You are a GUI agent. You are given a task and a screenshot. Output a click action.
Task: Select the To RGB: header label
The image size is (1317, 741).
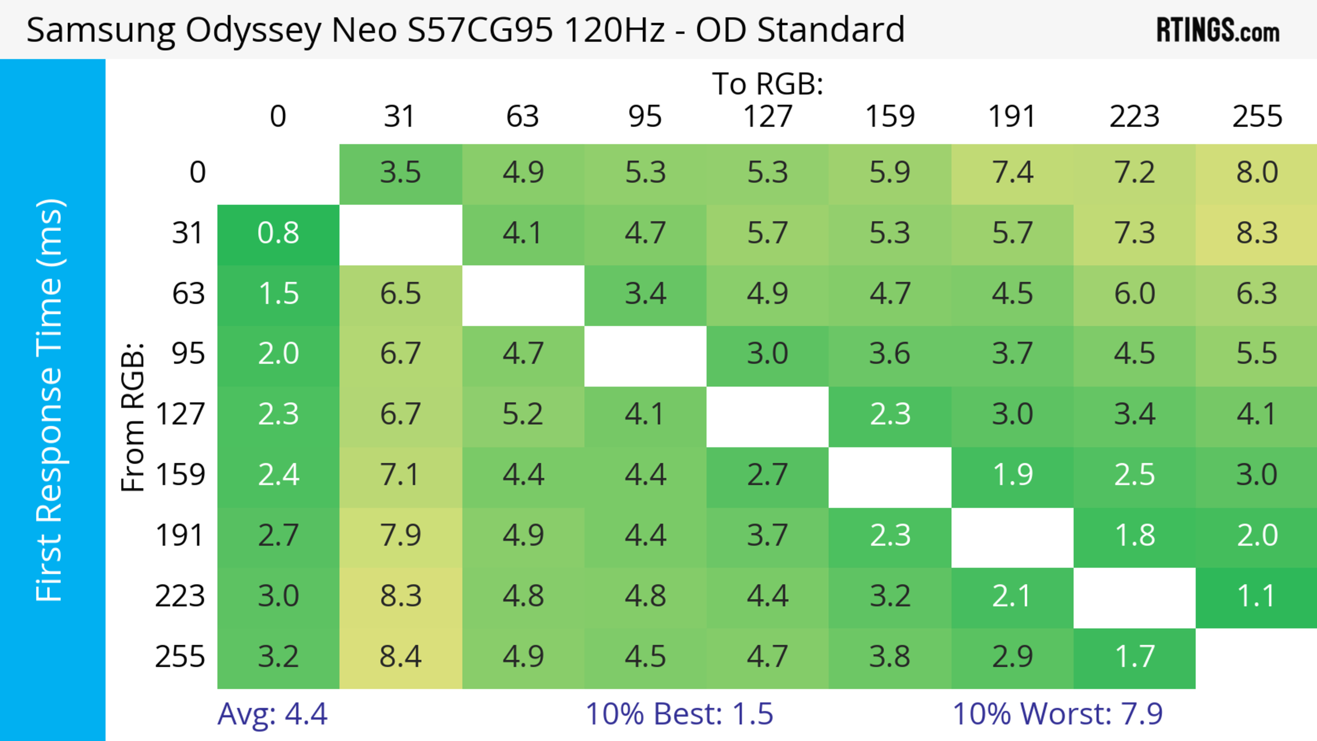[x=768, y=84]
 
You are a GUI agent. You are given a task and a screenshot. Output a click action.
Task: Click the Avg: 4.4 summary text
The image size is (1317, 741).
[x=272, y=714]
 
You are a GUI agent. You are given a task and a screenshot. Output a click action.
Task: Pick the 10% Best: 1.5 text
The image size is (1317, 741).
[x=679, y=714]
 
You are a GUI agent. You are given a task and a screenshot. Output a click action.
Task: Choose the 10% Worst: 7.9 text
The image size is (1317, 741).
[x=1057, y=714]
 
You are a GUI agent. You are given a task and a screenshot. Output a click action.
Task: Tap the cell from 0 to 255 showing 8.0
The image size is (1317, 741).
[x=1257, y=173]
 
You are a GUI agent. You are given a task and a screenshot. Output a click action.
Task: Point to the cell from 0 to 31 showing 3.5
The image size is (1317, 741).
[x=400, y=173]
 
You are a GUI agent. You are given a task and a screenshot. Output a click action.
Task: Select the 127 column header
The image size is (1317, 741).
[x=768, y=117]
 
